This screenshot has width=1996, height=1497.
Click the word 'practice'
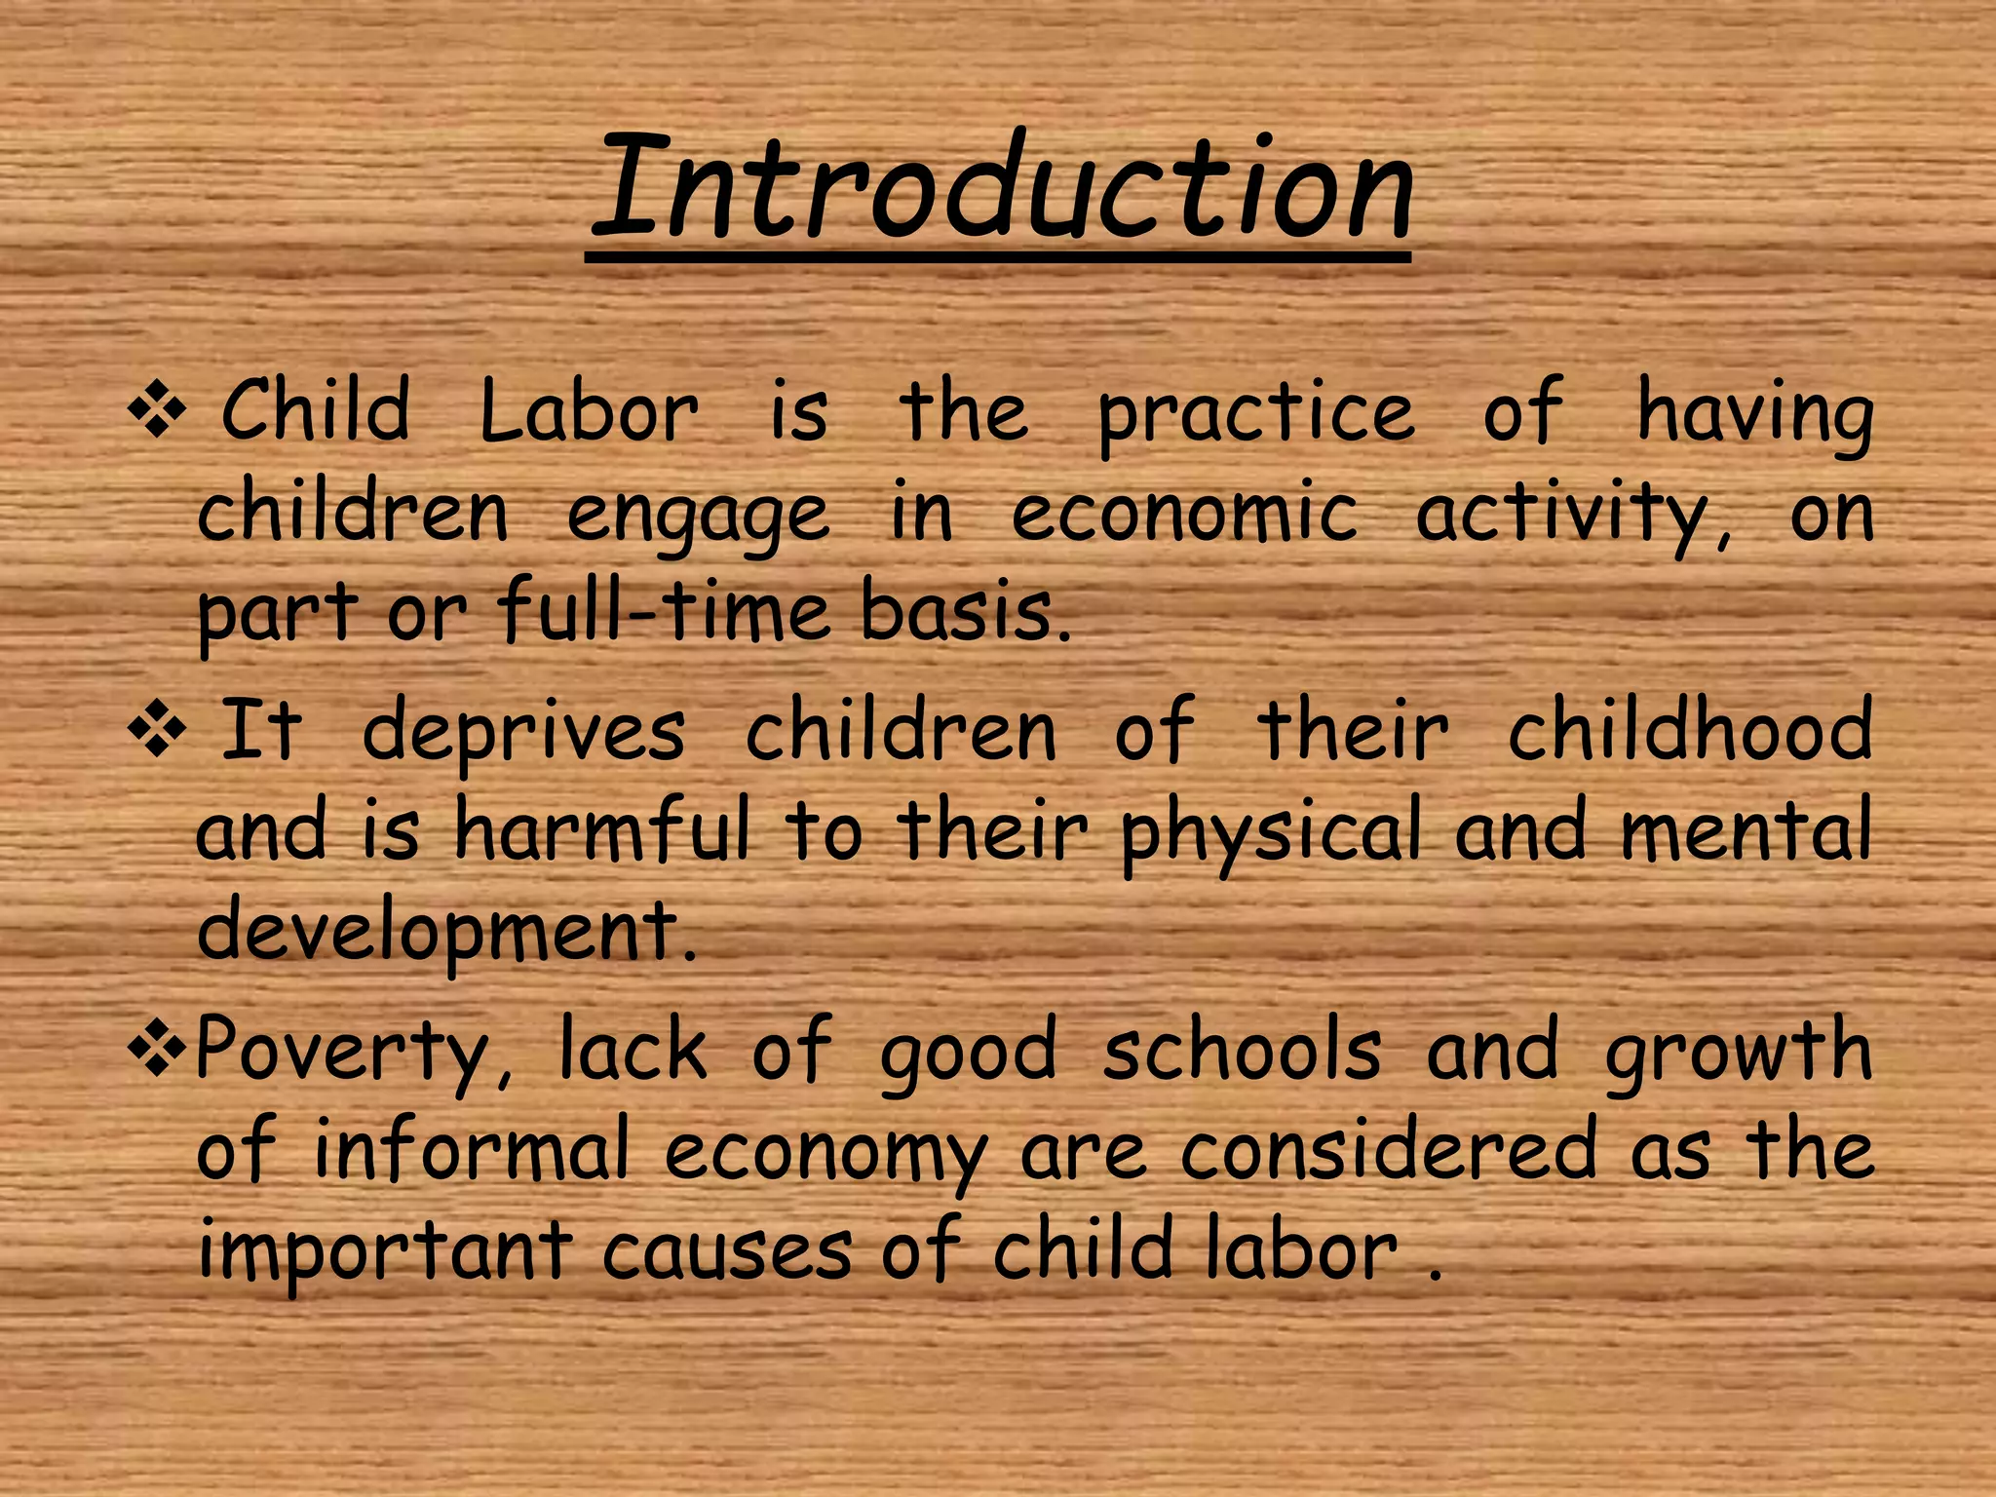pos(1255,414)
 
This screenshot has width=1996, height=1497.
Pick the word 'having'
pos(1754,414)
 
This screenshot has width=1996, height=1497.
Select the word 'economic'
pos(1183,514)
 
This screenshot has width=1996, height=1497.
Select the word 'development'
pos(446,931)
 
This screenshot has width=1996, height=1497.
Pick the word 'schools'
pos(1242,1051)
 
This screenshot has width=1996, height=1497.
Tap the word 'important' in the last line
pos(385,1252)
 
